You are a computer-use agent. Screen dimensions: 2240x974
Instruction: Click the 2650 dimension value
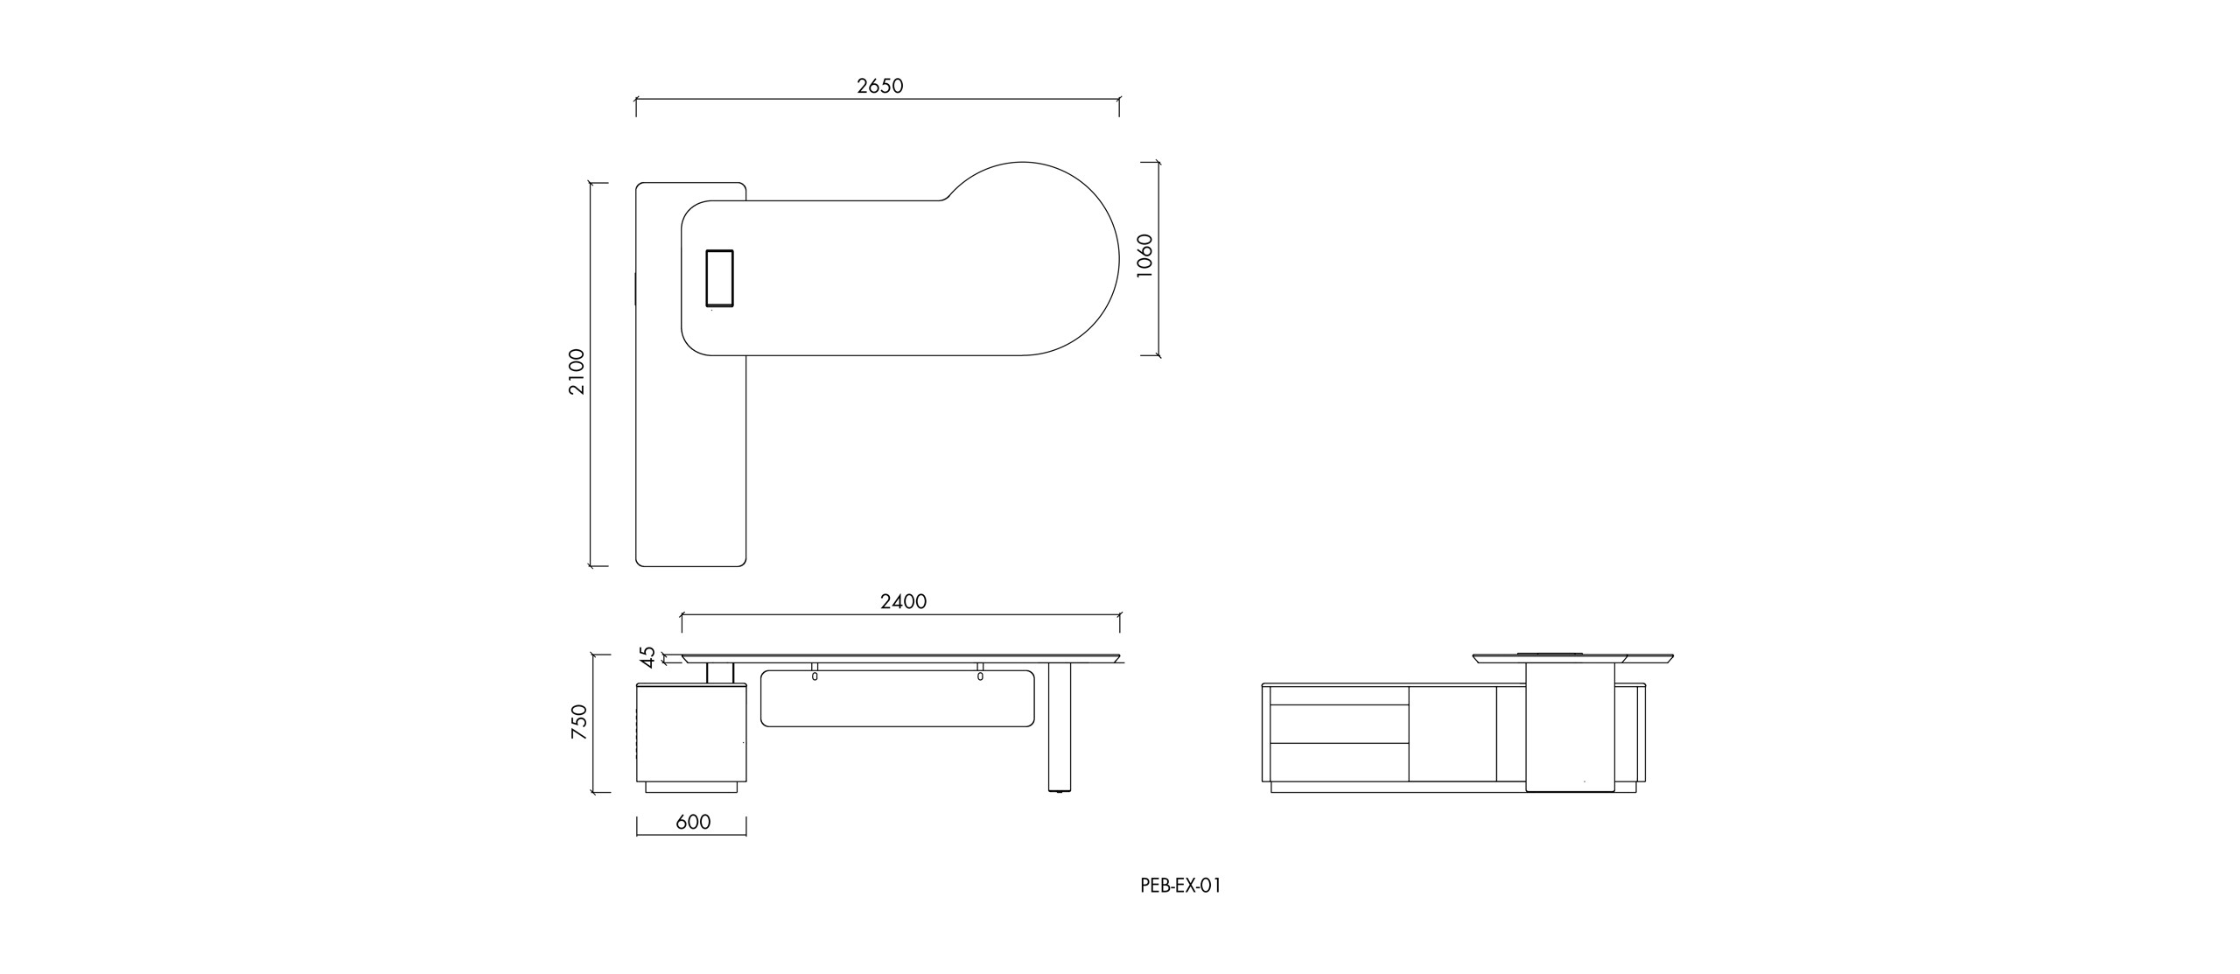pyautogui.click(x=879, y=86)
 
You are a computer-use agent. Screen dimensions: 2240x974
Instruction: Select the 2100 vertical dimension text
pyautogui.click(x=577, y=372)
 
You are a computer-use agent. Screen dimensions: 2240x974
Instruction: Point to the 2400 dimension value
pyautogui.click(x=903, y=601)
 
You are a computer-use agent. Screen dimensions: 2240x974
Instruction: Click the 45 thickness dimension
pyautogui.click(x=647, y=655)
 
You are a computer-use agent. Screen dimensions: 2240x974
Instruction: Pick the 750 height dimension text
pyautogui.click(x=578, y=722)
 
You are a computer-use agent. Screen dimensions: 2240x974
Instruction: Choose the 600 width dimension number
pyautogui.click(x=693, y=822)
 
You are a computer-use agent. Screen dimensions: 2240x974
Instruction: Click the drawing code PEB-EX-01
pyautogui.click(x=1180, y=885)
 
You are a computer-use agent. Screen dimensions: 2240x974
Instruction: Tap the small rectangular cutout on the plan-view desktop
pyautogui.click(x=719, y=278)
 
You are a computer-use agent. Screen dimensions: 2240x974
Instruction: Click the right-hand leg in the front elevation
pyautogui.click(x=1059, y=727)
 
